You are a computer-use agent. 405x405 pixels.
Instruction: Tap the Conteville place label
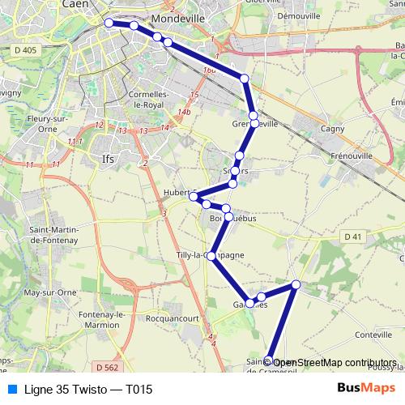pos(373,335)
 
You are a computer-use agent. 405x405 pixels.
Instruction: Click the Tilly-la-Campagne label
pos(210,256)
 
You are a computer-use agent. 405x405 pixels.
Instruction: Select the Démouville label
pos(297,15)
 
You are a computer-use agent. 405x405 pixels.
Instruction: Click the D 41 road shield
pos(351,236)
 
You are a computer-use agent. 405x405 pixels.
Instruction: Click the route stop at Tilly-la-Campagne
pos(212,256)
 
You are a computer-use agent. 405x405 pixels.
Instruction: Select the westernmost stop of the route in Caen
pos(109,23)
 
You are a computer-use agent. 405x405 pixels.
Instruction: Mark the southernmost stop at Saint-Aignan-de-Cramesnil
pos(268,375)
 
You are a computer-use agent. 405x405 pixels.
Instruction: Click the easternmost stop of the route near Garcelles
pos(296,284)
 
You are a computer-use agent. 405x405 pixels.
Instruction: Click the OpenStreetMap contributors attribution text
pos(337,362)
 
